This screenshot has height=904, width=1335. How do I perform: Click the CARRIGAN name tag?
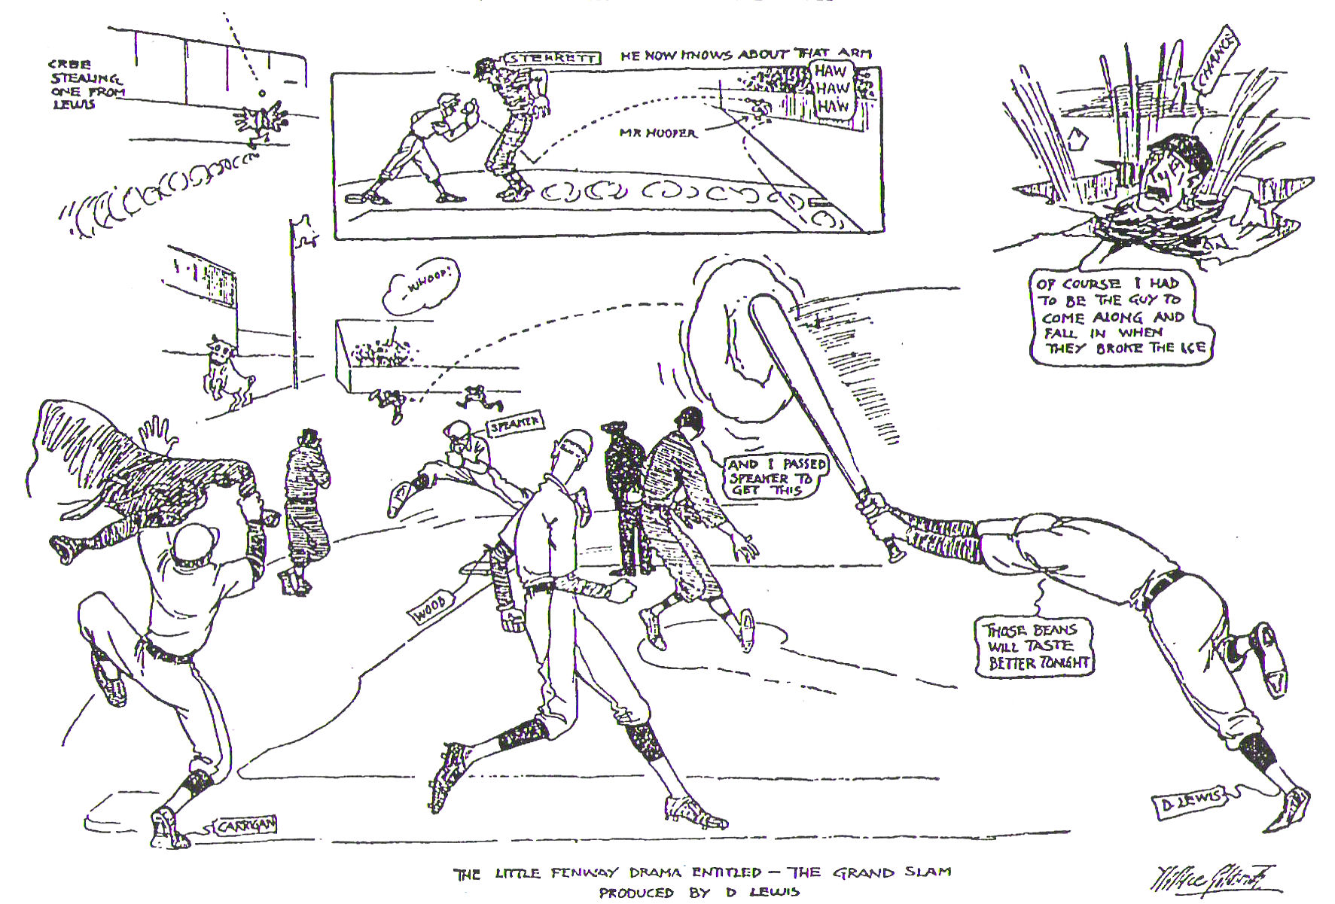[x=245, y=826]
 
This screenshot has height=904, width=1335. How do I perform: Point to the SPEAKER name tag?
[x=515, y=425]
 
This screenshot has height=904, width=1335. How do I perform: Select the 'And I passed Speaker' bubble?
[x=776, y=476]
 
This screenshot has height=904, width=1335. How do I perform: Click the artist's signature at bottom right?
[x=1205, y=878]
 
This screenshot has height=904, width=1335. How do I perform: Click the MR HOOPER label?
[x=657, y=132]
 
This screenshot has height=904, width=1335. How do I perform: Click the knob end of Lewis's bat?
[x=895, y=556]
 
